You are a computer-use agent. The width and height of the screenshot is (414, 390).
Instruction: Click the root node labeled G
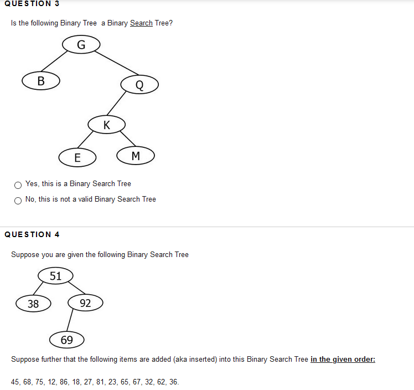(81, 44)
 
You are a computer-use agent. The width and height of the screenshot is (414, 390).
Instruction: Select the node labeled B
(41, 80)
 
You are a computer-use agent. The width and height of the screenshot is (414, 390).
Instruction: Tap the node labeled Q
(139, 85)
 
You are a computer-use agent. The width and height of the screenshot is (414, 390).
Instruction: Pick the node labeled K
(106, 124)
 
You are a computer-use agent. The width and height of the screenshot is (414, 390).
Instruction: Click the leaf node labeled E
(77, 157)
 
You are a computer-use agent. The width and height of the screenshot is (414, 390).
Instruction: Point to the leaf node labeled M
(136, 156)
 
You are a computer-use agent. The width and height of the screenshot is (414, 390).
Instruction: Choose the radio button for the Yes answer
(18, 184)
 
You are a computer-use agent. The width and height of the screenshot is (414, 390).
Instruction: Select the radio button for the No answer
(18, 200)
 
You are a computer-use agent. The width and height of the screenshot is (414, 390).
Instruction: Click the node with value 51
(55, 275)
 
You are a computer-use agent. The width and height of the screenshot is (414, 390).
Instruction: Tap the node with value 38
(33, 303)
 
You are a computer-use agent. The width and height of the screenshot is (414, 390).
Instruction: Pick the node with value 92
(85, 302)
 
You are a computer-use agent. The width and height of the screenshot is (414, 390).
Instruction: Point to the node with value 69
(66, 340)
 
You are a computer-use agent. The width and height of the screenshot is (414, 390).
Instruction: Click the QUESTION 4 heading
(32, 234)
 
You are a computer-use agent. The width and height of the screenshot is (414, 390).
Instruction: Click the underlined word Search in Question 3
(141, 23)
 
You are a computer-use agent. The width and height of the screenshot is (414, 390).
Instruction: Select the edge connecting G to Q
(117, 63)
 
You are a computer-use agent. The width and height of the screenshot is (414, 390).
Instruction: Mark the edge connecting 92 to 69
(70, 321)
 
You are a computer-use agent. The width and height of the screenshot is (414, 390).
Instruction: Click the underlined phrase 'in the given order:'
(343, 360)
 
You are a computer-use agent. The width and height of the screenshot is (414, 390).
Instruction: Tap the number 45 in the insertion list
(16, 382)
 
